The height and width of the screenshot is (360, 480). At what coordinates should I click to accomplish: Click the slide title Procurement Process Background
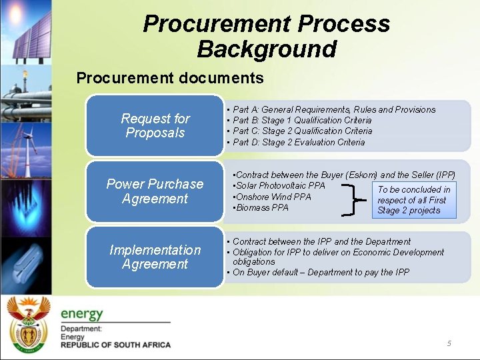(x=267, y=36)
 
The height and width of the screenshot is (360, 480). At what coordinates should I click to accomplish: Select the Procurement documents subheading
(x=170, y=78)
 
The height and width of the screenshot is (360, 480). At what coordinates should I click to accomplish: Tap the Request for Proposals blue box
(x=155, y=125)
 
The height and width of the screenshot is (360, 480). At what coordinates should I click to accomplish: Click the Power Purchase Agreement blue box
(x=155, y=191)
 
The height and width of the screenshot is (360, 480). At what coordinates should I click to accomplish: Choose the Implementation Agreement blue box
(x=155, y=257)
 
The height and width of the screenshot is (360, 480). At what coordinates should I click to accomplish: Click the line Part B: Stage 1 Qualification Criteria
(x=302, y=120)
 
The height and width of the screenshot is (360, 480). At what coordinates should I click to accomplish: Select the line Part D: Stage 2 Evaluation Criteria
(x=299, y=141)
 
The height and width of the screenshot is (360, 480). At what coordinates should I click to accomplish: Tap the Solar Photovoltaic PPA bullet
(x=280, y=185)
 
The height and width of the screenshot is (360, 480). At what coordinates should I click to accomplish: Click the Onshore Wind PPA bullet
(x=273, y=197)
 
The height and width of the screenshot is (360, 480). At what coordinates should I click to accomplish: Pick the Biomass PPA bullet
(x=261, y=207)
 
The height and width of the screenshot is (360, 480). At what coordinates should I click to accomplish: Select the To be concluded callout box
(x=414, y=200)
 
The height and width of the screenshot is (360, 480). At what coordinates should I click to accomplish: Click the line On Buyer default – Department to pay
(x=321, y=272)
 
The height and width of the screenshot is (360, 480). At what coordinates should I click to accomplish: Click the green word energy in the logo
(x=82, y=313)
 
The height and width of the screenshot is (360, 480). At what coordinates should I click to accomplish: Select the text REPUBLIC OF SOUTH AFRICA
(x=115, y=345)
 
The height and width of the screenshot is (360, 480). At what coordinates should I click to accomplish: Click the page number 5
(x=449, y=343)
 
